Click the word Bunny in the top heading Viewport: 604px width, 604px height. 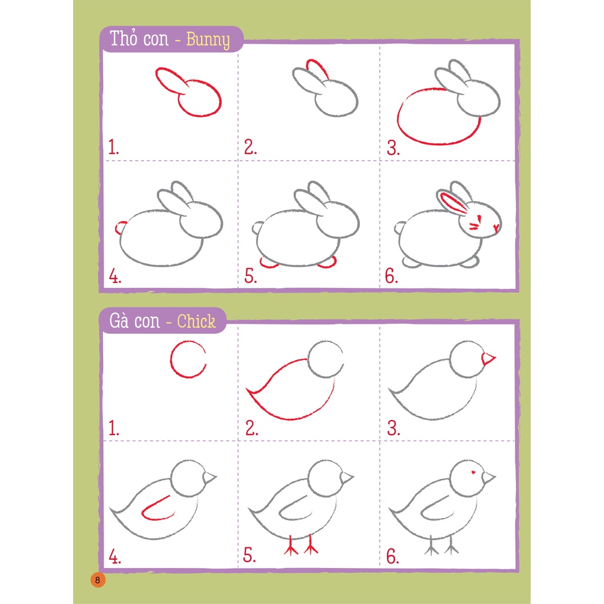click(208, 40)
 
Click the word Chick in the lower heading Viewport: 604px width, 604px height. click(196, 321)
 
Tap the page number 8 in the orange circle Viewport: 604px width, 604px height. click(98, 579)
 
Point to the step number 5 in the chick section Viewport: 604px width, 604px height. click(250, 556)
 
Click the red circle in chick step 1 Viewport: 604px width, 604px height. click(188, 360)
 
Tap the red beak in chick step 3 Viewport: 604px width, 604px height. click(488, 358)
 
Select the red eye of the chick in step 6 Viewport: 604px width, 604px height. click(472, 472)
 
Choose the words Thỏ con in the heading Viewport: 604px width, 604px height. click(139, 40)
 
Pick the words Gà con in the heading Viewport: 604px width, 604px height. click(134, 321)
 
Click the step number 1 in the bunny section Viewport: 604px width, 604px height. click(113, 147)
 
